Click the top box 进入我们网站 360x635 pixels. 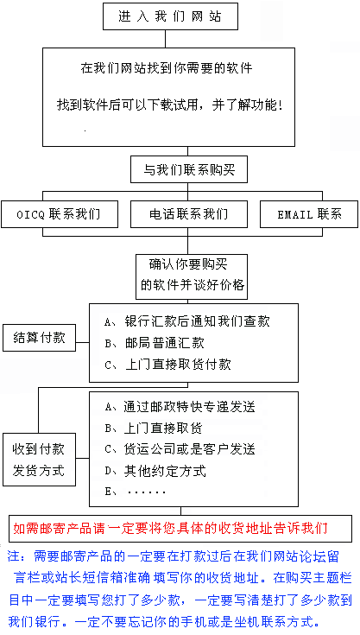click(x=170, y=16)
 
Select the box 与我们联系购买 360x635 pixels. click(x=189, y=169)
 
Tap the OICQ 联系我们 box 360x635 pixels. click(x=60, y=214)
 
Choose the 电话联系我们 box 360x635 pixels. click(x=189, y=214)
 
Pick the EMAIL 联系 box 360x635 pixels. click(x=309, y=214)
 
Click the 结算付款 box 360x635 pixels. click(x=39, y=337)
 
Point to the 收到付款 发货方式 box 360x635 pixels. click(x=39, y=460)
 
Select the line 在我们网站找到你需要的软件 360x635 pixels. click(x=167, y=67)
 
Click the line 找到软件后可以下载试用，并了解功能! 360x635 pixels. click(x=169, y=105)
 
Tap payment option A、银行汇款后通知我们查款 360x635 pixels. click(x=186, y=321)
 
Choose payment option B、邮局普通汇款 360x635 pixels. click(x=155, y=343)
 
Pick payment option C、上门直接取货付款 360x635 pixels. click(x=167, y=365)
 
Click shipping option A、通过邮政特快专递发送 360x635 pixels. click(x=180, y=406)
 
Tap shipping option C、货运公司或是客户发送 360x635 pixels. click(x=180, y=449)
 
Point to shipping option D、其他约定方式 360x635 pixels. click(x=155, y=471)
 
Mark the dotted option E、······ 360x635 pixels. click(x=135, y=492)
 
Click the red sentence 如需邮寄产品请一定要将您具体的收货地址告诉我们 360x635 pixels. click(x=170, y=529)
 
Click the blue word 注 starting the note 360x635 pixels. click(x=14, y=556)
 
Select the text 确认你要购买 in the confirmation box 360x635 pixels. click(x=188, y=264)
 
